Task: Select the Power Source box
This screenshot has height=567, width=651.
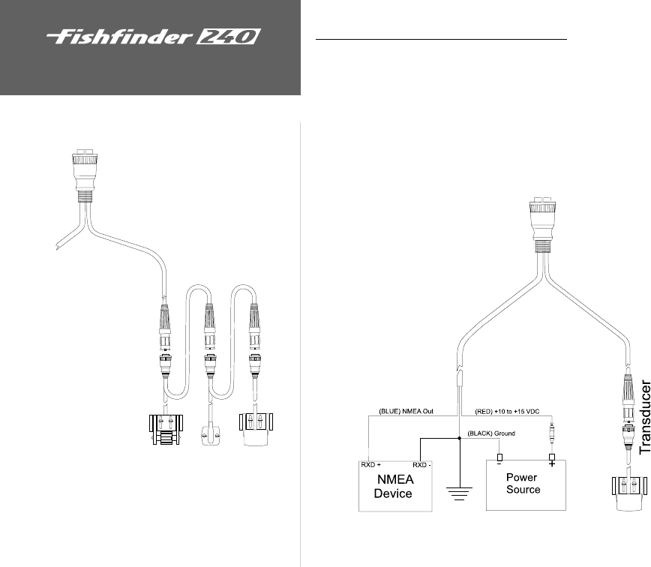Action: point(523,483)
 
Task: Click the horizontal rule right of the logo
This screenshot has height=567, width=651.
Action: point(440,38)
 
